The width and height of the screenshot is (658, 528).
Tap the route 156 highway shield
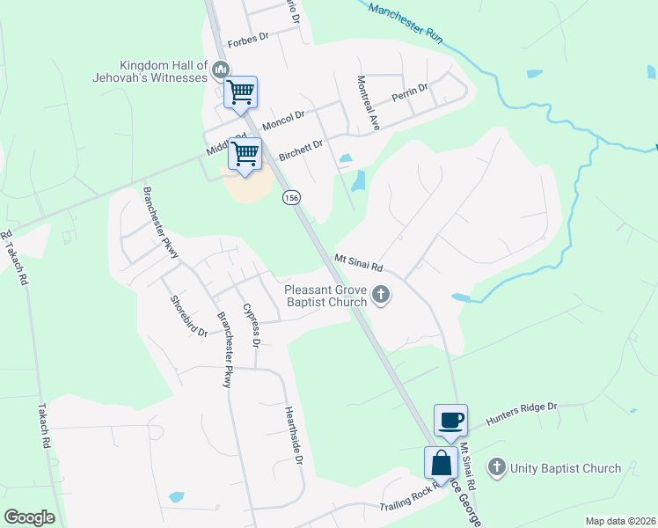click(292, 199)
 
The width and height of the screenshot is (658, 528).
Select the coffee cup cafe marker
click(450, 420)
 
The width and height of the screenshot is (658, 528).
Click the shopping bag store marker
click(440, 462)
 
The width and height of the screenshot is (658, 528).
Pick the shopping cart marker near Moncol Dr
click(241, 92)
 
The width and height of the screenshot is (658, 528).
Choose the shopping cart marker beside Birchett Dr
click(245, 154)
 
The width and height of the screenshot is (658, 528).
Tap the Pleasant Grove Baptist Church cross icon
click(381, 295)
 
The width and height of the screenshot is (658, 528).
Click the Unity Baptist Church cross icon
click(497, 467)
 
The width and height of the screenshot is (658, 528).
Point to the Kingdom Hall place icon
click(221, 69)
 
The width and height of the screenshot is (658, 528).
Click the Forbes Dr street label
click(247, 41)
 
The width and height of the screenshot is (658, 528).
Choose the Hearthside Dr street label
click(294, 436)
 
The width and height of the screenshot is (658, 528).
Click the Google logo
click(29, 517)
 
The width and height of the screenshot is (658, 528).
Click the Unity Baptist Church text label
click(567, 468)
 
